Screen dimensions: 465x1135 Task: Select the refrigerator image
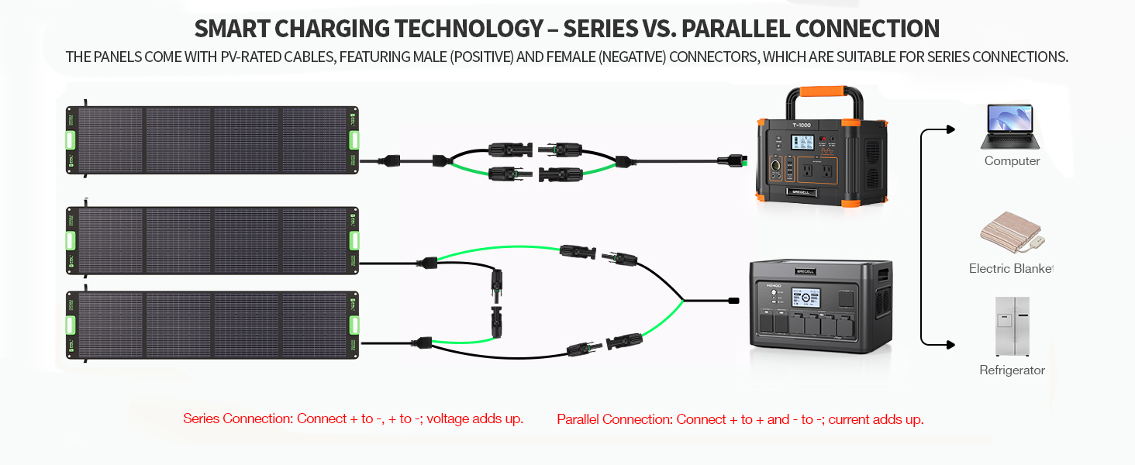[1012, 326]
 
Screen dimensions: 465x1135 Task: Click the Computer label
[1012, 161]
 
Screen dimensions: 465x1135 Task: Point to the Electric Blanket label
[1011, 269]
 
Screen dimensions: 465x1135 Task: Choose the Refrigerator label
[1012, 370]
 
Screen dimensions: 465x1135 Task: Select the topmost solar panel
[212, 140]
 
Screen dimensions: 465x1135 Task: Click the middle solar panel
[212, 240]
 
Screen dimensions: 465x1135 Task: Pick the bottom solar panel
[212, 325]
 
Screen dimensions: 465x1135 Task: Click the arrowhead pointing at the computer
[950, 129]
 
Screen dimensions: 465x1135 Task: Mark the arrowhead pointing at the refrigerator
[950, 343]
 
